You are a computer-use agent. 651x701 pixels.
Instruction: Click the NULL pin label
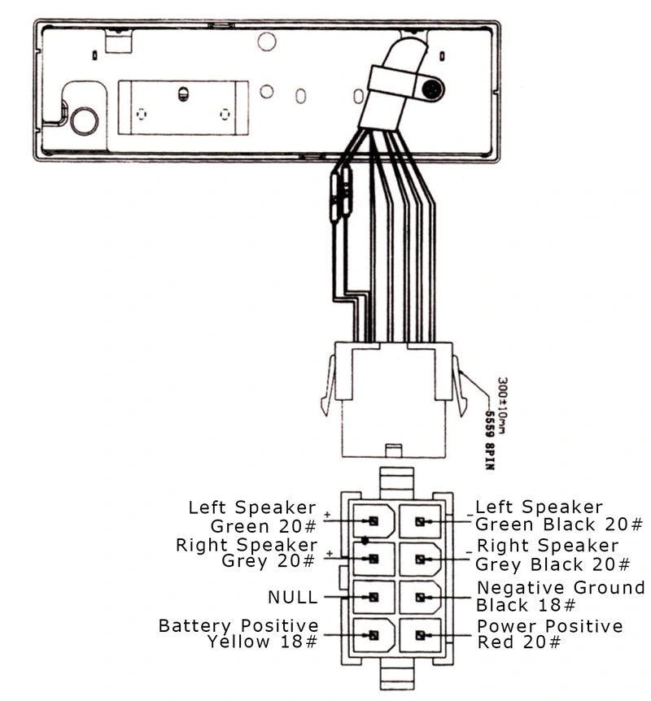tap(293, 597)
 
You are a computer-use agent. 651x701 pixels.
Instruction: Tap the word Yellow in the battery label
tap(239, 642)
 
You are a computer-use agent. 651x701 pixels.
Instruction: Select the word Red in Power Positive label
tap(496, 642)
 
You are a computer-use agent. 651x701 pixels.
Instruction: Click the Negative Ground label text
tap(561, 587)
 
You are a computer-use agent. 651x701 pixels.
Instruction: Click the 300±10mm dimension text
tap(502, 405)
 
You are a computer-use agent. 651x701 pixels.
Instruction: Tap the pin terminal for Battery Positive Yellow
tap(374, 635)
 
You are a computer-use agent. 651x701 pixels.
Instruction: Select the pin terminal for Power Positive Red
tap(420, 635)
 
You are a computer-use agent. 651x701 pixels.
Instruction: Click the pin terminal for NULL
tap(374, 597)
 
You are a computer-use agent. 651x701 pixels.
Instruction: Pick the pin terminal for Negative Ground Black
tap(420, 597)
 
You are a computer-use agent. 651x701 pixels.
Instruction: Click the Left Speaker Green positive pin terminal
tap(374, 521)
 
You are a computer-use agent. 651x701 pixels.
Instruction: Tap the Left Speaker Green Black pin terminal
tap(420, 521)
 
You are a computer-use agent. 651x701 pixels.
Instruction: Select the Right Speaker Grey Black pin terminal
tap(420, 559)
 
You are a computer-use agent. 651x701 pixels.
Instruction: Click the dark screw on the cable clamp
tap(432, 89)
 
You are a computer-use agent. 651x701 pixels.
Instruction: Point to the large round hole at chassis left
tap(85, 120)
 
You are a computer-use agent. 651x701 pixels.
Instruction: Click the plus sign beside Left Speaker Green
tap(327, 515)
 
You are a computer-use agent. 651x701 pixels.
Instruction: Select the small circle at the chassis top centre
tap(267, 41)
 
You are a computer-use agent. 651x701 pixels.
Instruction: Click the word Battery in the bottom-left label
tap(194, 625)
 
